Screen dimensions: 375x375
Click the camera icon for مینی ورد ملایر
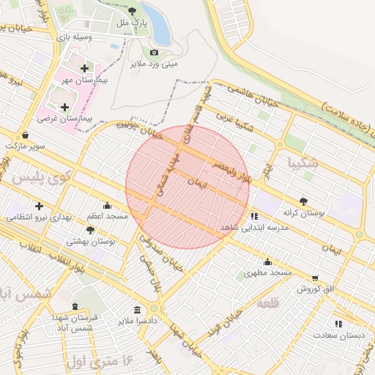[x=154, y=53]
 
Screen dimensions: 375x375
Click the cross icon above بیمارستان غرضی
[x=64, y=107]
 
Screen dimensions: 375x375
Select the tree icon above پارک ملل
[x=132, y=12]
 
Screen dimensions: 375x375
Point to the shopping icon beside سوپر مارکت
[x=26, y=135]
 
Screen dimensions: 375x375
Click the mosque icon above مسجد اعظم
[x=108, y=206]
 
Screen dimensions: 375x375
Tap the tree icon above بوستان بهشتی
[x=90, y=230]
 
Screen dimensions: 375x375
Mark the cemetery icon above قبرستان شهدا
[x=74, y=306]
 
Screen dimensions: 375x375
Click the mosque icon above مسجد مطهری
[x=267, y=262]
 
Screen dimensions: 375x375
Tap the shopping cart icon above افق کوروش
[x=315, y=278]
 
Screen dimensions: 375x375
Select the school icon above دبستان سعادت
[x=338, y=323]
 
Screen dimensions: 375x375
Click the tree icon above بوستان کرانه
[x=303, y=201]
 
